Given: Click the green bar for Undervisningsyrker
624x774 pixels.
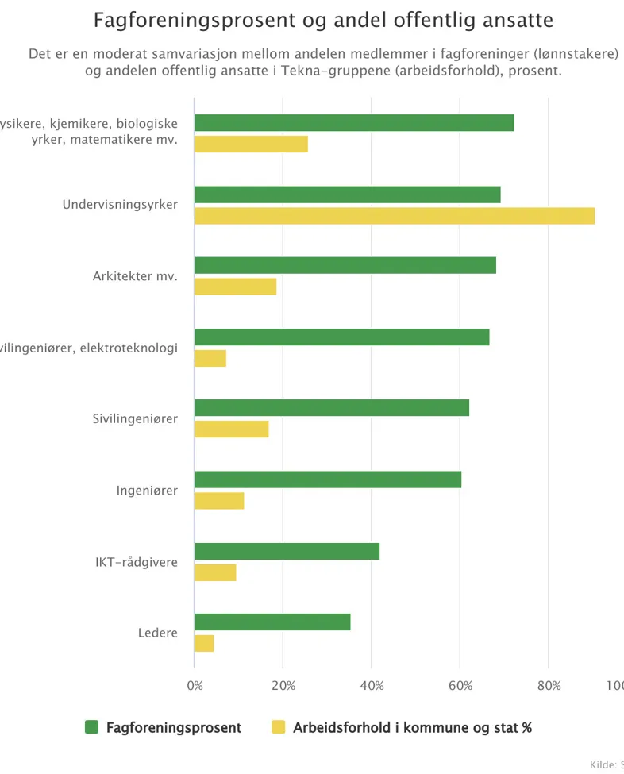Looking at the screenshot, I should [347, 194].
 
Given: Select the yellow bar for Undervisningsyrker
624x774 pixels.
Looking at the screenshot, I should [394, 216].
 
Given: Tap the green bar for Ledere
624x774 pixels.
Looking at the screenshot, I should [272, 622].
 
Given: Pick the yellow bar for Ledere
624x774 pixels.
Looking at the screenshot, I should [204, 644].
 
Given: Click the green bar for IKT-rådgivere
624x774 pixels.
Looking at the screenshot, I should [287, 551].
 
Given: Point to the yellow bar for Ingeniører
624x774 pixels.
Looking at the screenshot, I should [219, 501].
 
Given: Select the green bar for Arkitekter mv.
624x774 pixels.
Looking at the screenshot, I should [345, 266].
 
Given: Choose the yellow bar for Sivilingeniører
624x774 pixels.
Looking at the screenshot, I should [231, 429].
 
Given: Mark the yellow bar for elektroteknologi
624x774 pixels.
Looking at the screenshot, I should [210, 358].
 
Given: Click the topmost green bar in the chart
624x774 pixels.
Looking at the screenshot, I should [354, 123].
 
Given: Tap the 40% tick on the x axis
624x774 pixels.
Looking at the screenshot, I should [372, 685].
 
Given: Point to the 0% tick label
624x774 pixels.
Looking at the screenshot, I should [195, 685].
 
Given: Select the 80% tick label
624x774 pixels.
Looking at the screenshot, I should [549, 685].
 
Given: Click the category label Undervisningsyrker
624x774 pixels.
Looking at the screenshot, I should [120, 205].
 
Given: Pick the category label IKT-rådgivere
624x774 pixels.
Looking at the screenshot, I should [131, 562].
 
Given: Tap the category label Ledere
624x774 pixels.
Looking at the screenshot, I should [157, 633].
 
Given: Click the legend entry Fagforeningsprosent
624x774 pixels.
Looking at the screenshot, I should [174, 727].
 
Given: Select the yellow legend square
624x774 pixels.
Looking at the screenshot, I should [279, 727].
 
